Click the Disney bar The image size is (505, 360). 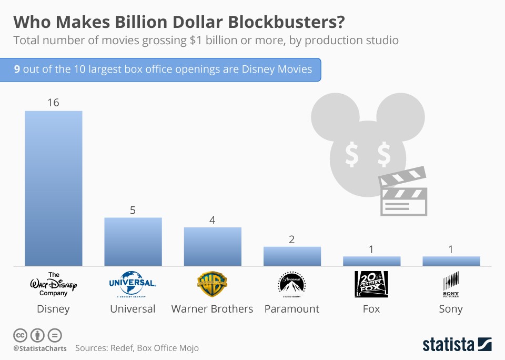54,188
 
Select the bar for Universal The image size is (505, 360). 133,242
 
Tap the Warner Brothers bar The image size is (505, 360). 213,246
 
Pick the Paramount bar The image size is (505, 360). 292,256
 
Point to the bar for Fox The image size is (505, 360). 371,261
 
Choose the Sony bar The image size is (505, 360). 451,261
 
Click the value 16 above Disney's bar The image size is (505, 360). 53,103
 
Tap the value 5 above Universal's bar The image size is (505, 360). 133,210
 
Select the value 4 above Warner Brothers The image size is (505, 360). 213,220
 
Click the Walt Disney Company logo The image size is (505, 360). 54,285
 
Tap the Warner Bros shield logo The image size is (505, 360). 213,285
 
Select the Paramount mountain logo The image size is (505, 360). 292,285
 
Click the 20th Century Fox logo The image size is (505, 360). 371,285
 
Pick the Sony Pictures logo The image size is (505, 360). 451,285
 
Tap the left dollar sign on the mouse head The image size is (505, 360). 351,154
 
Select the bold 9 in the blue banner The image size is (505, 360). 17,69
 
